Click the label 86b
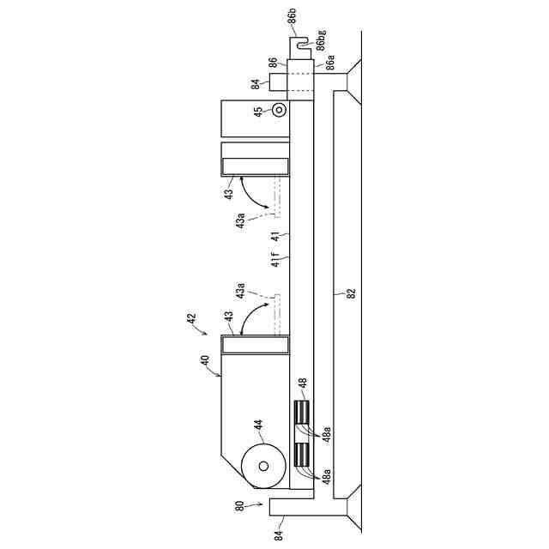coord(292,16)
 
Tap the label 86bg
coord(321,40)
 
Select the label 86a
coord(329,63)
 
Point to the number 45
coord(257,112)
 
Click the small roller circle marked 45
coord(279,111)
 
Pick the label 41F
coord(275,259)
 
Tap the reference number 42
coord(191,318)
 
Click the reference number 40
coord(205,361)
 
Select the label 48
coord(303,383)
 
